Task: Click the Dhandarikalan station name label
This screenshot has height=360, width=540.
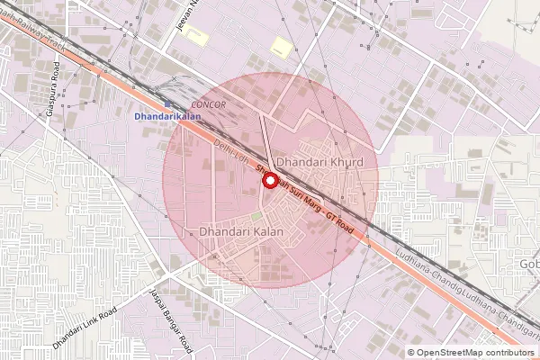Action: click(167, 117)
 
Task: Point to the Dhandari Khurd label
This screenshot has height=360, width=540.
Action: click(319, 162)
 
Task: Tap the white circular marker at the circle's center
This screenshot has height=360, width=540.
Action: click(268, 180)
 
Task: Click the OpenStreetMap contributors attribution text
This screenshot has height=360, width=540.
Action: click(476, 352)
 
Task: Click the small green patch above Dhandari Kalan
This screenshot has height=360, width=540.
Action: click(256, 216)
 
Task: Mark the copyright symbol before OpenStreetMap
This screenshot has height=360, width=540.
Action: click(411, 352)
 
